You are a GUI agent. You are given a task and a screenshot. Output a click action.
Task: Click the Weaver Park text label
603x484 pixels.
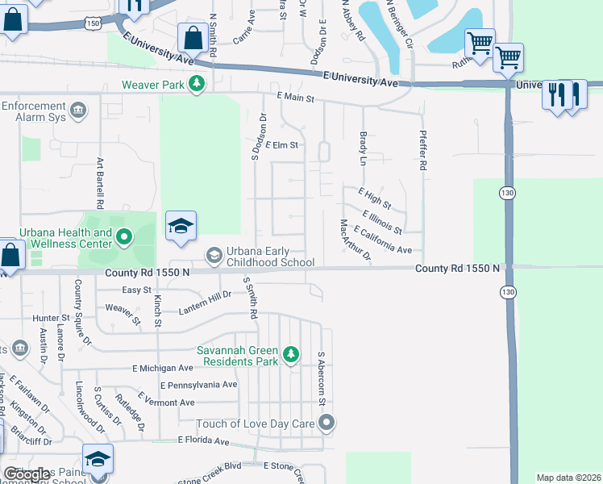click(x=153, y=84)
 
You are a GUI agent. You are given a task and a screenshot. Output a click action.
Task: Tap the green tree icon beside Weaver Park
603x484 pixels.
click(x=196, y=84)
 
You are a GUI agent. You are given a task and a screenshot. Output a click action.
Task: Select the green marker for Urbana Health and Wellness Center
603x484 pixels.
click(x=123, y=237)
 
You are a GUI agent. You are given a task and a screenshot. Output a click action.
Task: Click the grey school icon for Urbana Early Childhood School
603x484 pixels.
click(x=214, y=257)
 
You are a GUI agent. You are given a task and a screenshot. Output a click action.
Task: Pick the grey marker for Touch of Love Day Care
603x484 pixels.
click(x=326, y=423)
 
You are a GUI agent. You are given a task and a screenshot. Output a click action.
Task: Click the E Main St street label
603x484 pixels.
click(x=293, y=97)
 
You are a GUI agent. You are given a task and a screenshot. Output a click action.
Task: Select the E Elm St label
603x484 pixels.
click(x=282, y=145)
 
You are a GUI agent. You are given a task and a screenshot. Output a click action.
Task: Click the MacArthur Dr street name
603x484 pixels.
click(x=355, y=240)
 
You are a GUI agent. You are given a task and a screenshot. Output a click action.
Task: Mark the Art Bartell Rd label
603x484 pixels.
click(x=101, y=181)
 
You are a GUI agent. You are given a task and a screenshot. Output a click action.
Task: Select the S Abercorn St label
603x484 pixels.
click(x=321, y=378)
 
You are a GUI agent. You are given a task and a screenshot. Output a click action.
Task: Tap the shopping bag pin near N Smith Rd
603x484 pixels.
click(x=193, y=37)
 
